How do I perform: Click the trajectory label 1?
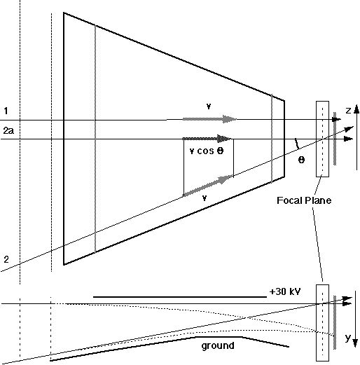[x=6, y=111]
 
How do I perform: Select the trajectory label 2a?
[x=8, y=130]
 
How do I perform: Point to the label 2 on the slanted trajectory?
[x=6, y=259]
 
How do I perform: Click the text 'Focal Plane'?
[x=304, y=200]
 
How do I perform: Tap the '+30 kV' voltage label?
[x=285, y=291]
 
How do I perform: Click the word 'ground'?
[x=218, y=345]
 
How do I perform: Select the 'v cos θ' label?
[x=207, y=151]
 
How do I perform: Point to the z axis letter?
[x=348, y=111]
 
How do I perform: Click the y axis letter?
[x=348, y=338]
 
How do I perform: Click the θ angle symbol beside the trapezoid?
[x=301, y=160]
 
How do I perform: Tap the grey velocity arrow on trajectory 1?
[x=209, y=119]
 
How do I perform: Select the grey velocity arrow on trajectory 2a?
[x=207, y=139]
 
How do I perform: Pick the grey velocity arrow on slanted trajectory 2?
[x=208, y=186]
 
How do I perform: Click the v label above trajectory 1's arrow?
[x=209, y=106]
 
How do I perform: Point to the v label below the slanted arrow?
[x=205, y=198]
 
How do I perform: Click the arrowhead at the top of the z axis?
[x=356, y=109]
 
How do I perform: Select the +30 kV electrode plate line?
[x=180, y=297]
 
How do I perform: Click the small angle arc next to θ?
[x=297, y=144]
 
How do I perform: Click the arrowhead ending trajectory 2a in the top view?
[x=349, y=139]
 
